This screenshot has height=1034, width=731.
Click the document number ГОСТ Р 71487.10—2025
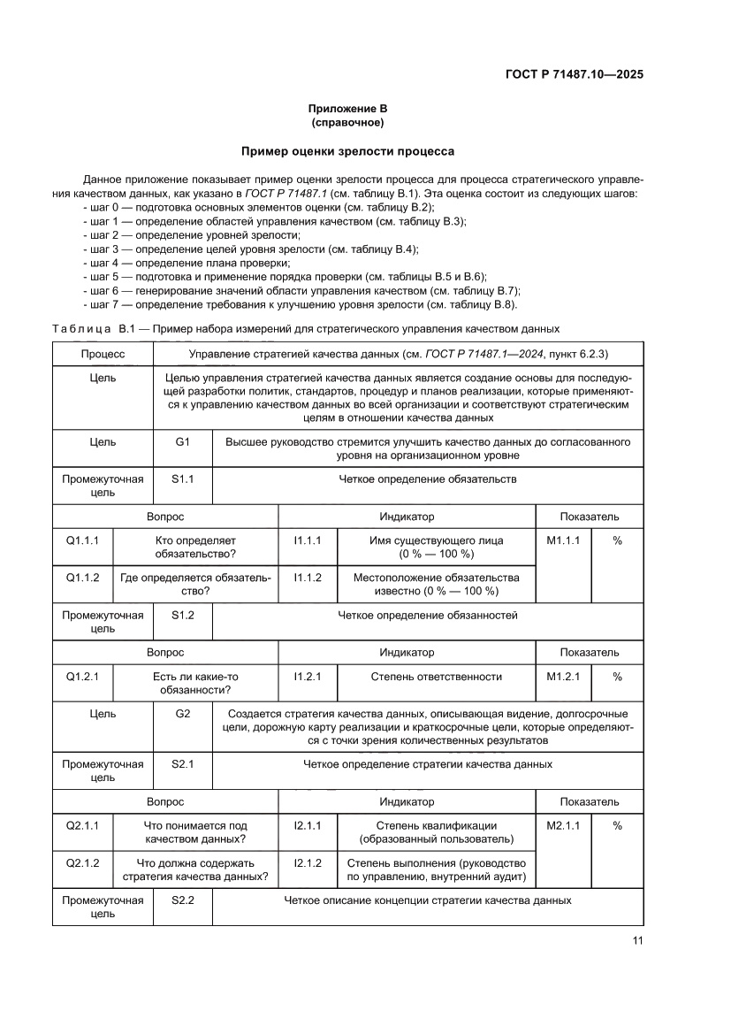(x=574, y=74)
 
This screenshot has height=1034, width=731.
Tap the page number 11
(x=637, y=940)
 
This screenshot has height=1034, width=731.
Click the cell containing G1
(x=183, y=440)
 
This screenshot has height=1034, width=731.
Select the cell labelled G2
(x=183, y=713)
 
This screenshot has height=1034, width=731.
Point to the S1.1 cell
(x=183, y=479)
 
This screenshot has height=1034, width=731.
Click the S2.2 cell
(x=183, y=900)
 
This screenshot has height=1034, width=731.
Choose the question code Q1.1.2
(x=83, y=577)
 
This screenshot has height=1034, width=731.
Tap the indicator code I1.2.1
(x=308, y=677)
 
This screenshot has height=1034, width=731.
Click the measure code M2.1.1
(x=563, y=825)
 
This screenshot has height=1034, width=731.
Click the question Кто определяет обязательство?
(x=196, y=547)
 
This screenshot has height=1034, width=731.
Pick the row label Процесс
(x=103, y=354)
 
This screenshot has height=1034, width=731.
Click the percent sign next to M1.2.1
(x=617, y=677)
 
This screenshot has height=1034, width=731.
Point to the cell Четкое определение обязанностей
(x=428, y=615)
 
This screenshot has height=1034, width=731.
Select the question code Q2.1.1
(x=83, y=825)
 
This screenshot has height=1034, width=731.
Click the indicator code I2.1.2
(x=308, y=862)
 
